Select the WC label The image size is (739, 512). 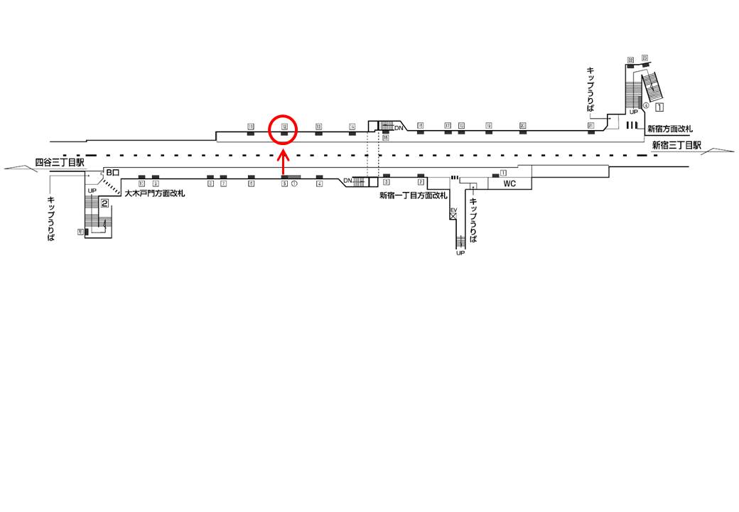click(x=509, y=183)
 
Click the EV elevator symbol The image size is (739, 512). click(x=453, y=213)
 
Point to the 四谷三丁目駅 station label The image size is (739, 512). click(x=60, y=163)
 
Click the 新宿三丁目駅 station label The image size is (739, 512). click(x=677, y=145)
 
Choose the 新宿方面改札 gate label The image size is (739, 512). click(x=669, y=129)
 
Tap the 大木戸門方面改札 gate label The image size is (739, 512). click(x=154, y=193)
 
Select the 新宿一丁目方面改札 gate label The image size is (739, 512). click(x=414, y=196)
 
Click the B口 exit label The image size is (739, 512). click(x=113, y=173)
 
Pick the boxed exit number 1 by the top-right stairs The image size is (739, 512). click(x=659, y=107)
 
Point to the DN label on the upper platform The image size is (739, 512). click(x=399, y=127)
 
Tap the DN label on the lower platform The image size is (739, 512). click(x=347, y=181)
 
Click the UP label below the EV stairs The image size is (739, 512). click(x=460, y=253)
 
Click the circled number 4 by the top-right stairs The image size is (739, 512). click(x=646, y=105)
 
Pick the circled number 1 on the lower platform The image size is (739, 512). click(x=294, y=183)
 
